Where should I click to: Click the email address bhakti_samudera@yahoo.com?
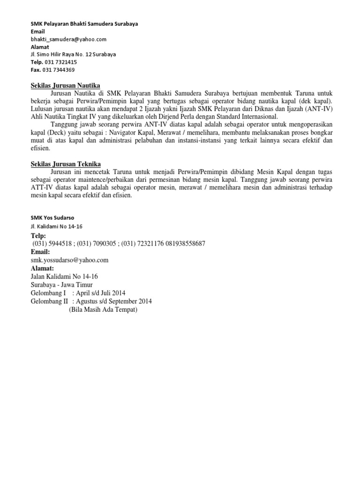click(68, 39)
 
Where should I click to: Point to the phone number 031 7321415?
click(60, 62)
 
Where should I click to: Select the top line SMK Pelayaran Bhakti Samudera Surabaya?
click(84, 23)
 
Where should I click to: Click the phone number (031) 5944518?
click(52, 244)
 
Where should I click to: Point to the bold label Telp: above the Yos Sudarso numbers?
click(38, 236)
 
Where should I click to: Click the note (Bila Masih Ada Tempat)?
click(104, 310)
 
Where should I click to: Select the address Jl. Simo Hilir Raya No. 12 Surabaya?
click(73, 54)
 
